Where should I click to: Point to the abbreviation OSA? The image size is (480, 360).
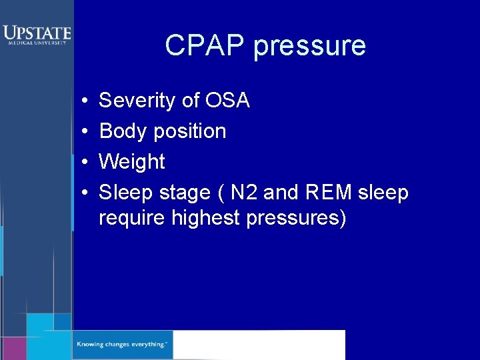[x=228, y=101]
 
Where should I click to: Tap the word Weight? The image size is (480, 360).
[x=132, y=162]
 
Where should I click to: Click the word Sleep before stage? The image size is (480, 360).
[x=125, y=193]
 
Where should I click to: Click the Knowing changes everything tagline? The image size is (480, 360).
[x=122, y=345]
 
